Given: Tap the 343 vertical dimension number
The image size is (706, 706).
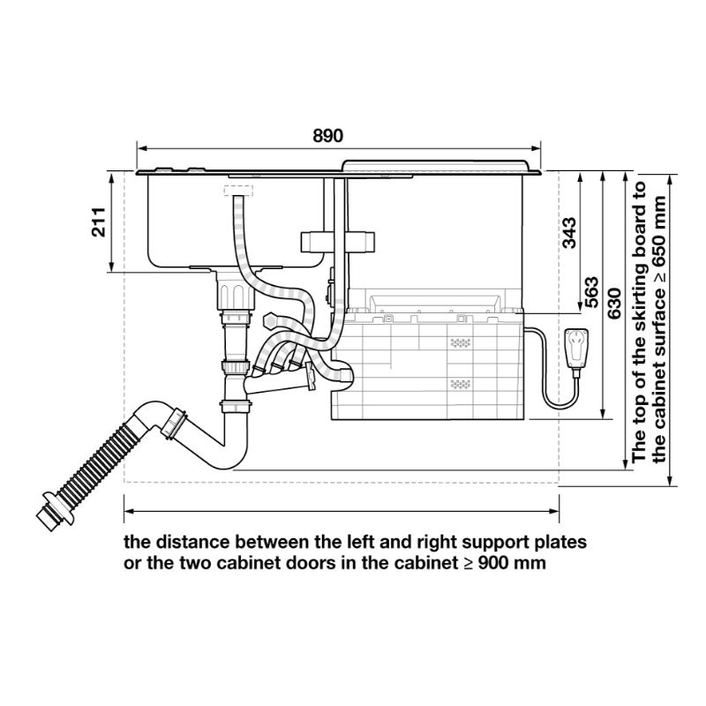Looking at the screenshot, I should (x=568, y=232).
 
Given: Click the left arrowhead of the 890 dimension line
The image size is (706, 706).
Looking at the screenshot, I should (x=139, y=148).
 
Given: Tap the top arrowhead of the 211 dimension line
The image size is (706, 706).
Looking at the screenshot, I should (x=112, y=176).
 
